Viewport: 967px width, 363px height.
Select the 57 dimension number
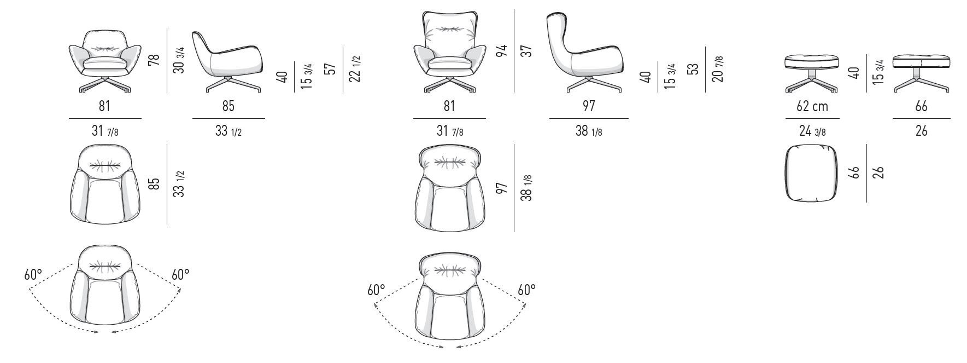click(330, 69)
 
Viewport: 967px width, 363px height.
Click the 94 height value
click(502, 51)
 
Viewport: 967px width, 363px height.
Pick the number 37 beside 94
click(526, 51)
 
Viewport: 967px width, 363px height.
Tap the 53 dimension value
click(693, 70)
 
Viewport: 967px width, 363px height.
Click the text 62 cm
click(812, 106)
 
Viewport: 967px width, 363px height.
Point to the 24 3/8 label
click(812, 131)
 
